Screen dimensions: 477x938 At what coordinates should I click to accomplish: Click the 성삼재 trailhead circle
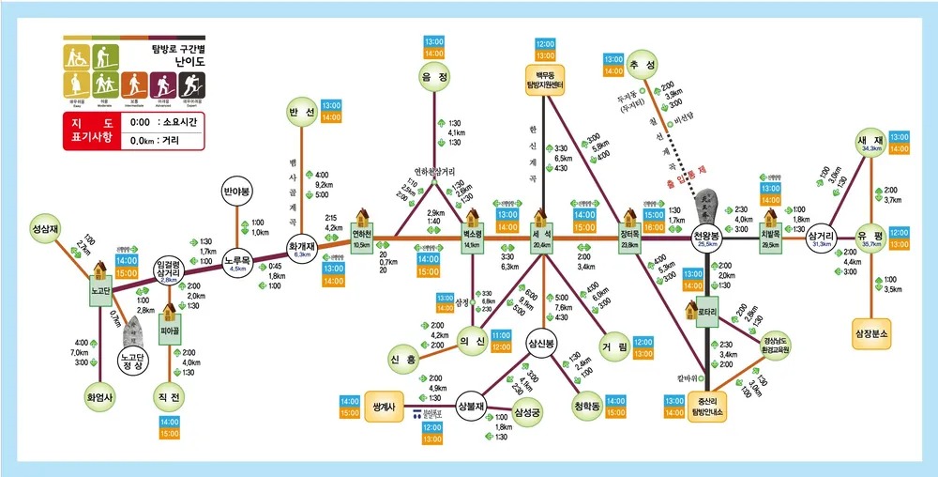point(46,227)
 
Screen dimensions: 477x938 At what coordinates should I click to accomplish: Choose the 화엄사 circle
point(98,394)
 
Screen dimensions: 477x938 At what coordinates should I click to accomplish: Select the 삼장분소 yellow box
point(871,332)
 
